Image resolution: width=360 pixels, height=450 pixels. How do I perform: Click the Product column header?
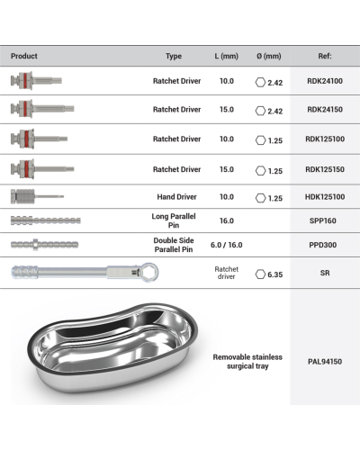click(x=24, y=56)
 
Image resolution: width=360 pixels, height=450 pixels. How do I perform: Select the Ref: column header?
click(x=325, y=56)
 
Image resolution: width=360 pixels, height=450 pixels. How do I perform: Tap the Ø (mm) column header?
click(x=269, y=56)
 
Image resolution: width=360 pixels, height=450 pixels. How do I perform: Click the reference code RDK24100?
click(x=325, y=81)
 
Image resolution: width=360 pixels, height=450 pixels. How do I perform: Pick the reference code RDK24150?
click(x=325, y=110)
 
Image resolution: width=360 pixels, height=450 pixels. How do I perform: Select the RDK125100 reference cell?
click(x=325, y=139)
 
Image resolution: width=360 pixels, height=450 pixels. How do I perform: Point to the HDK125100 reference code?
click(x=325, y=197)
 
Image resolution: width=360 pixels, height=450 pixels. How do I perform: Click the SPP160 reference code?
click(x=323, y=220)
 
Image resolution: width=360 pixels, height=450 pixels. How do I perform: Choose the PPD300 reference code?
click(x=323, y=245)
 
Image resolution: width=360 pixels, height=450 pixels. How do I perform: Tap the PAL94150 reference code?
click(x=325, y=362)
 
